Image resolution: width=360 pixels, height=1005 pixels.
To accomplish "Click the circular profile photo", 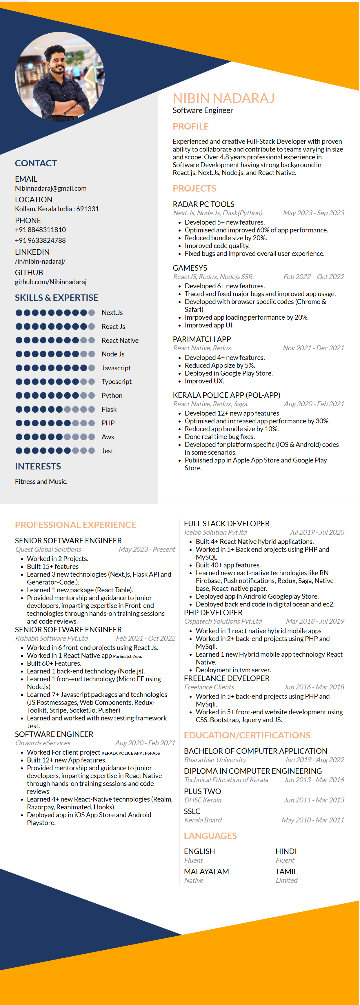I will click(60, 77).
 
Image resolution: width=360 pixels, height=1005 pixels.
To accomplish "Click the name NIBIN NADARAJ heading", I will click(224, 98).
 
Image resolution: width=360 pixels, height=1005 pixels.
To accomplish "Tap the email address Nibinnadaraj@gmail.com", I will click(51, 188).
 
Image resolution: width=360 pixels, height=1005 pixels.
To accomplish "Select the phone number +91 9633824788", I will click(40, 240).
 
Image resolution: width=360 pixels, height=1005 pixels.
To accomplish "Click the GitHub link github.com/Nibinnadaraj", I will click(51, 282).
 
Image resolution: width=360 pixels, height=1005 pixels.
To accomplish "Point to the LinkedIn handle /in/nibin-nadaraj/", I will click(40, 261).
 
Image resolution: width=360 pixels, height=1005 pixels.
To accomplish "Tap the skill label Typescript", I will click(117, 382).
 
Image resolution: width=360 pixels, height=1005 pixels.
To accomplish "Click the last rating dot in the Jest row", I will click(92, 451).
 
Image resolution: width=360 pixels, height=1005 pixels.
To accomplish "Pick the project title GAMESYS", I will click(190, 268).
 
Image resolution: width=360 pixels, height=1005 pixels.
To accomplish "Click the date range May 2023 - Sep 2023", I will click(314, 213).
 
